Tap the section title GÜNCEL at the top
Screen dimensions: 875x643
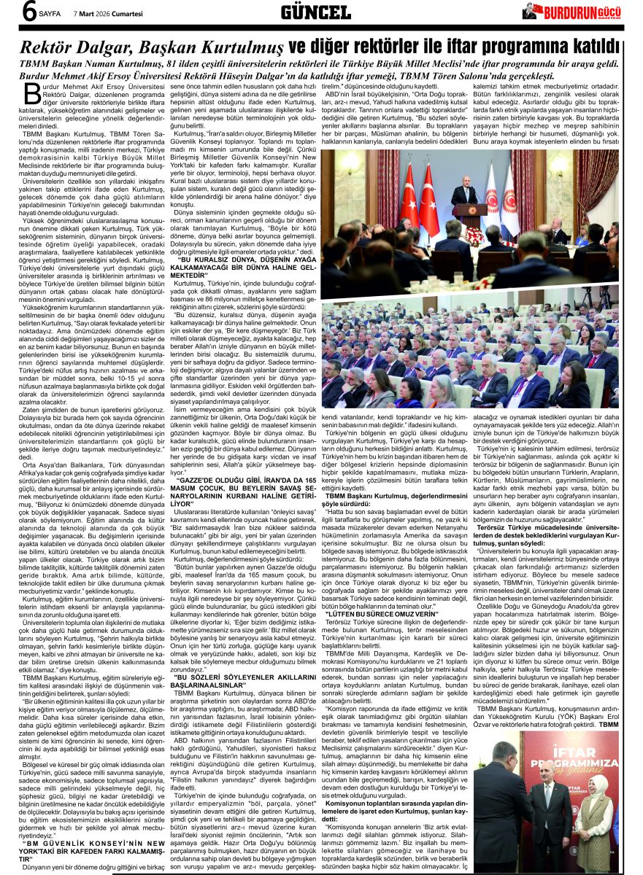point(315,12)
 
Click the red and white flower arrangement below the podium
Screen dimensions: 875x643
point(475,235)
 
